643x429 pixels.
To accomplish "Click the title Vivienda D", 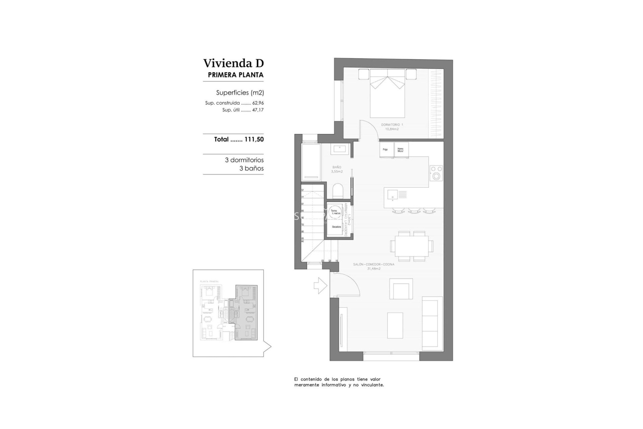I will point(233,63).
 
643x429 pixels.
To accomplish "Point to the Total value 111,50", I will point(254,139).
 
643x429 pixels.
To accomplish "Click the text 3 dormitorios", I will point(244,160).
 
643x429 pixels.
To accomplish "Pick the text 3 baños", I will point(251,169).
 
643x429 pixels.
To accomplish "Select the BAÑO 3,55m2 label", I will point(337,169).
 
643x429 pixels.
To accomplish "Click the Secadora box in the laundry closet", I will point(336,227).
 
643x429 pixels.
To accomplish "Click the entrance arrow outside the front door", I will point(320,286).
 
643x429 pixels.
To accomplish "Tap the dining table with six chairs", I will point(412,246).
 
